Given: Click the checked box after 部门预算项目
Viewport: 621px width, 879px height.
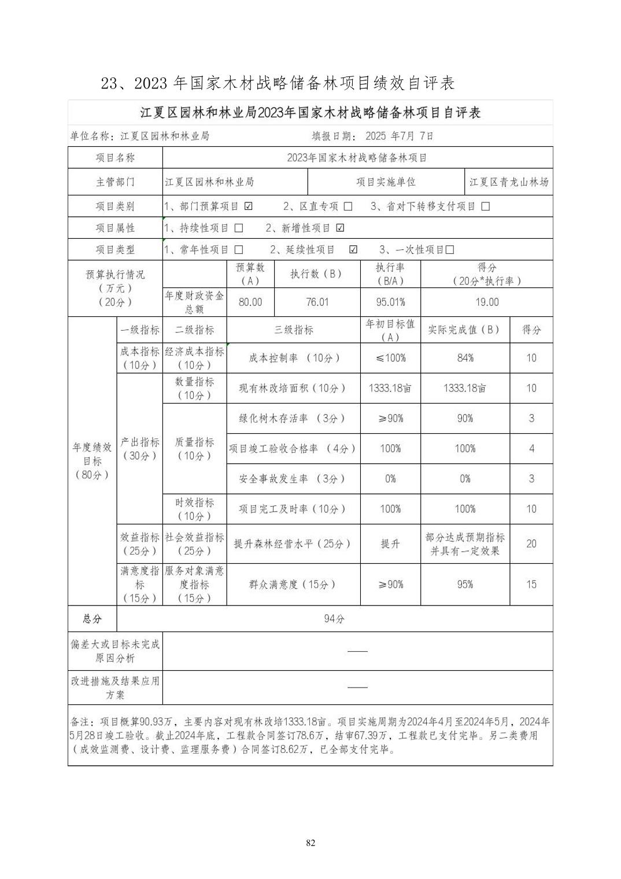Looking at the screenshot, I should (x=248, y=206).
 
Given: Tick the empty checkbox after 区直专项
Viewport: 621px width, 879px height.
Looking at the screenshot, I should (x=348, y=206).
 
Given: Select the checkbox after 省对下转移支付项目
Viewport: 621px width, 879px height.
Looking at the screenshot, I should (x=485, y=206).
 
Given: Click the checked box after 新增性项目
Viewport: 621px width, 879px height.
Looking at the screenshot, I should (x=340, y=228).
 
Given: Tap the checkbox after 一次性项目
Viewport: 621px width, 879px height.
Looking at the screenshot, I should (x=450, y=250).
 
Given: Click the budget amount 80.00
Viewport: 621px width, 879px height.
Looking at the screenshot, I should (x=250, y=302).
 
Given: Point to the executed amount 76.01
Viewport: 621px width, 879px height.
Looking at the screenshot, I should (x=317, y=302).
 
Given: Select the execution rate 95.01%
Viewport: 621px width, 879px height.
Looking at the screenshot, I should (x=390, y=302).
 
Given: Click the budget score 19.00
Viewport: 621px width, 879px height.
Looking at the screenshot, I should (x=487, y=302).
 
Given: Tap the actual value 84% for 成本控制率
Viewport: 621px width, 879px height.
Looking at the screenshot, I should (x=465, y=358).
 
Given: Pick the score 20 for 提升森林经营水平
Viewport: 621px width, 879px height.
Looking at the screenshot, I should (x=531, y=544).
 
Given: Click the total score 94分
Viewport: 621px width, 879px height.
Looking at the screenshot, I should (x=334, y=619).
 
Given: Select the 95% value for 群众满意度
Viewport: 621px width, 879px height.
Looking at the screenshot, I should (x=465, y=585).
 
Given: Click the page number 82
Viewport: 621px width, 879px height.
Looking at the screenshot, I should (x=310, y=843).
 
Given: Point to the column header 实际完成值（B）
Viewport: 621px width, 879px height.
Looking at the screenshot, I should (x=465, y=330).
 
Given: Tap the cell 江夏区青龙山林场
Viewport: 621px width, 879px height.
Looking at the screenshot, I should (x=509, y=182).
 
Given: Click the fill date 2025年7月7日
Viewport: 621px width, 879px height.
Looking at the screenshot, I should (x=399, y=136).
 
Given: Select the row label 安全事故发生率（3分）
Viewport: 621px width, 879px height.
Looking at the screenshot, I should (x=293, y=479).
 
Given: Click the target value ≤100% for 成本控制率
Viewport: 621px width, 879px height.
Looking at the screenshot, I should (x=390, y=358).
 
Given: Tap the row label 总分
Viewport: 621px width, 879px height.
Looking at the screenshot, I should (x=92, y=619).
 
